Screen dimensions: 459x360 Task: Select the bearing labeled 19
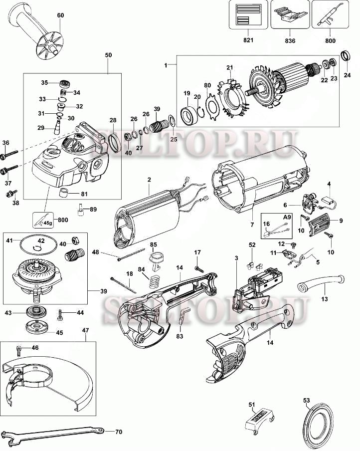pos(189,115)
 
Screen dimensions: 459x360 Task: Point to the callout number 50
pos(108,53)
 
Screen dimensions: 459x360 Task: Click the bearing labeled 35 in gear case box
pos(64,82)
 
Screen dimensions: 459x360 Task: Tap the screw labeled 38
pos(15,191)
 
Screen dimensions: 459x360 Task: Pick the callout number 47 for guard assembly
pos(86,330)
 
